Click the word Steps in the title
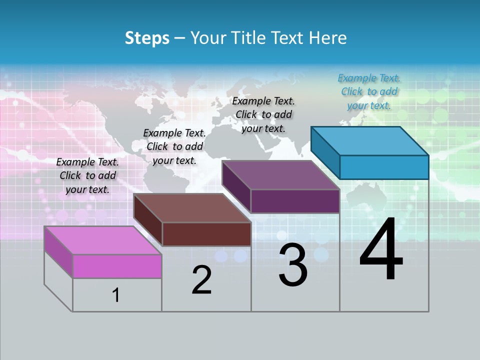point(147,38)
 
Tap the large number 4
point(381,250)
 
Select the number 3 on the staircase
point(293,265)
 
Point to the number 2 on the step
point(202,280)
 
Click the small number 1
point(116,295)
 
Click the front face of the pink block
point(117,266)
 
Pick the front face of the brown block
point(206,234)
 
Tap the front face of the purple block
point(295,201)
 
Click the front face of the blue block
point(384,167)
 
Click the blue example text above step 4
point(369,91)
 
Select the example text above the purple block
point(263,114)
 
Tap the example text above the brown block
point(174,146)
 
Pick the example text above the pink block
point(87,175)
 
